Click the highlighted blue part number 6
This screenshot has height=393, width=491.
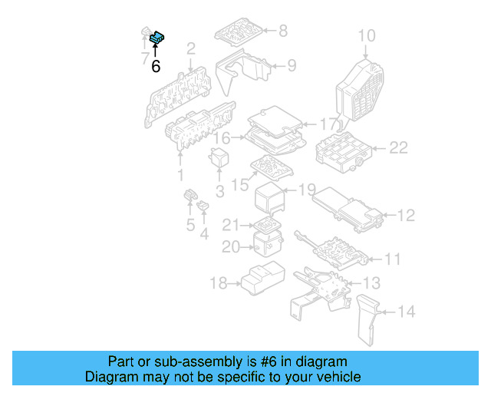coord(158,35)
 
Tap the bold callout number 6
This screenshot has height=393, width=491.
coord(156,67)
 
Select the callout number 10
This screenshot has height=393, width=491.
coord(367,35)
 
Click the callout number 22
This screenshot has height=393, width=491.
coord(398,147)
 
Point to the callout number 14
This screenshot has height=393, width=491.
coord(407,312)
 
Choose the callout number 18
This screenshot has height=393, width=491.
coord(217,284)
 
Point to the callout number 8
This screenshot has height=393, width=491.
coord(282,31)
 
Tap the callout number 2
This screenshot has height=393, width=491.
coord(190,49)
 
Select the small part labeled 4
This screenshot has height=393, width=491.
coord(203,206)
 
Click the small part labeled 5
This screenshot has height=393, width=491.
coord(189,201)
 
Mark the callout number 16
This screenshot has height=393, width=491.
coord(222,138)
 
